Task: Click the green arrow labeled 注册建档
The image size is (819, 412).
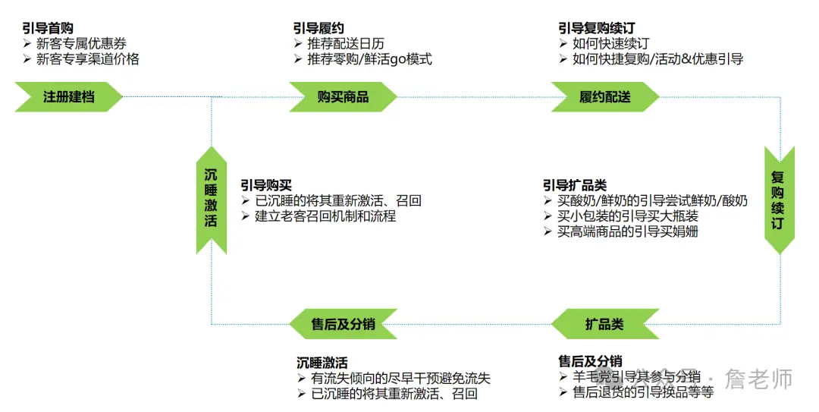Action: point(68,97)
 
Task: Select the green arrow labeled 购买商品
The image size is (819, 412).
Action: point(343,97)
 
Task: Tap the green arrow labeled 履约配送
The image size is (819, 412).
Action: point(604,97)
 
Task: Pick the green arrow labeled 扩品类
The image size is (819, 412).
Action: point(604,324)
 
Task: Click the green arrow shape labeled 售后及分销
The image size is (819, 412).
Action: point(343,324)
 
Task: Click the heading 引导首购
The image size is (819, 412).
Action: point(48,29)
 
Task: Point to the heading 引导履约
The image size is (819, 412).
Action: point(318,29)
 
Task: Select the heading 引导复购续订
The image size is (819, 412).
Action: point(596,29)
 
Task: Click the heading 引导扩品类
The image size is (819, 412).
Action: point(574,186)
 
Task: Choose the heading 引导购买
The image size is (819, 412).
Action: point(265,186)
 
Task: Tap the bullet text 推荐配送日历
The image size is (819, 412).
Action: point(345,44)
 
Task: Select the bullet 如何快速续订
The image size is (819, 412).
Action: point(610,44)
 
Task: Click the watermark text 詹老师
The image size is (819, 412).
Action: point(758,378)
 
